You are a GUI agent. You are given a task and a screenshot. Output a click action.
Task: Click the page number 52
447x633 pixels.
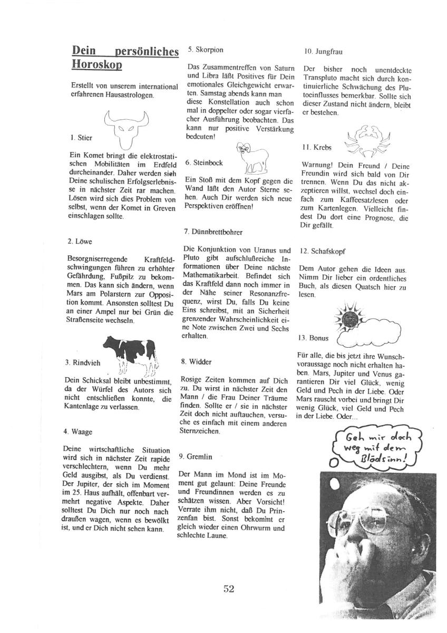[228, 589]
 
